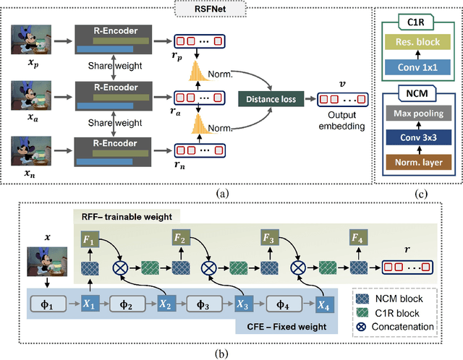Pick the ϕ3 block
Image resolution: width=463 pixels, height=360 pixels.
(205, 304)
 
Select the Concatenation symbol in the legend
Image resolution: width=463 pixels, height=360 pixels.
(360, 326)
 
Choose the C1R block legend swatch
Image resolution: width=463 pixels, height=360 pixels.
(360, 312)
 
